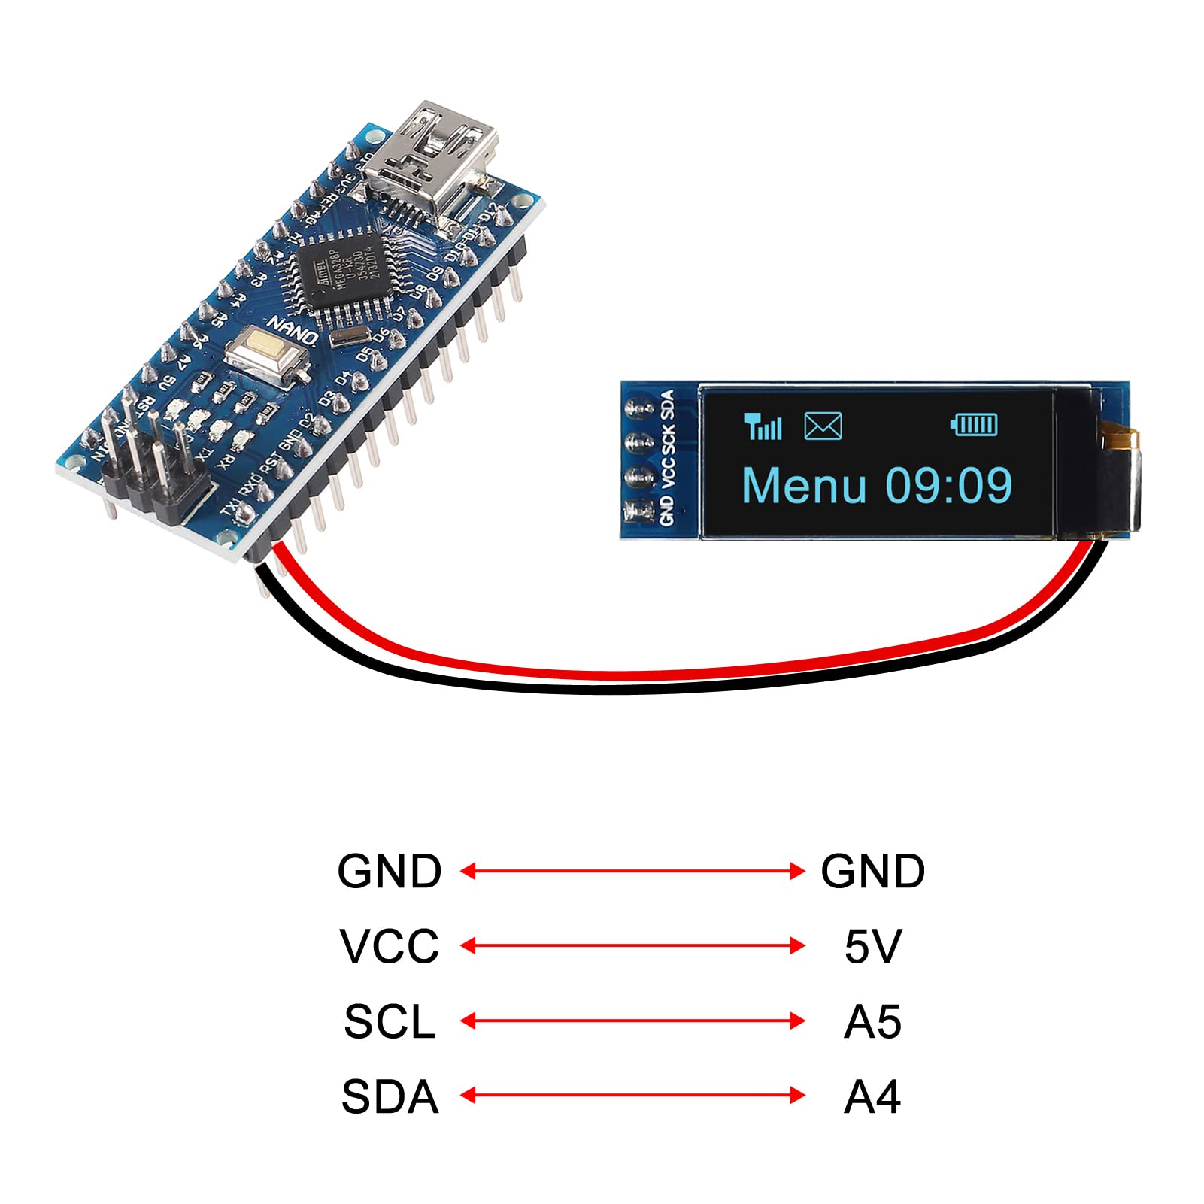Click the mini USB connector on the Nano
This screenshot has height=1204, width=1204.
pos(429,162)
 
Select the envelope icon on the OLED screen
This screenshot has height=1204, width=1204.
pos(823,426)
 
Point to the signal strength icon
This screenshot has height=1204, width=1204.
pos(763,426)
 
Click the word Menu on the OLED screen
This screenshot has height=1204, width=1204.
pos(804,486)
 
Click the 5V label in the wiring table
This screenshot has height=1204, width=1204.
pos(872,946)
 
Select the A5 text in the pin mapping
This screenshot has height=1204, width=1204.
pos(872,1021)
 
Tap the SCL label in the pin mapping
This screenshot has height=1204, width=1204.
pos(390,1021)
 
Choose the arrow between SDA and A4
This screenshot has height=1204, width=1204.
pos(632,1096)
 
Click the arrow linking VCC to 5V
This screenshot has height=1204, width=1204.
pos(632,945)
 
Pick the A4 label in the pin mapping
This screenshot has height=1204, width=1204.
pos(872,1096)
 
